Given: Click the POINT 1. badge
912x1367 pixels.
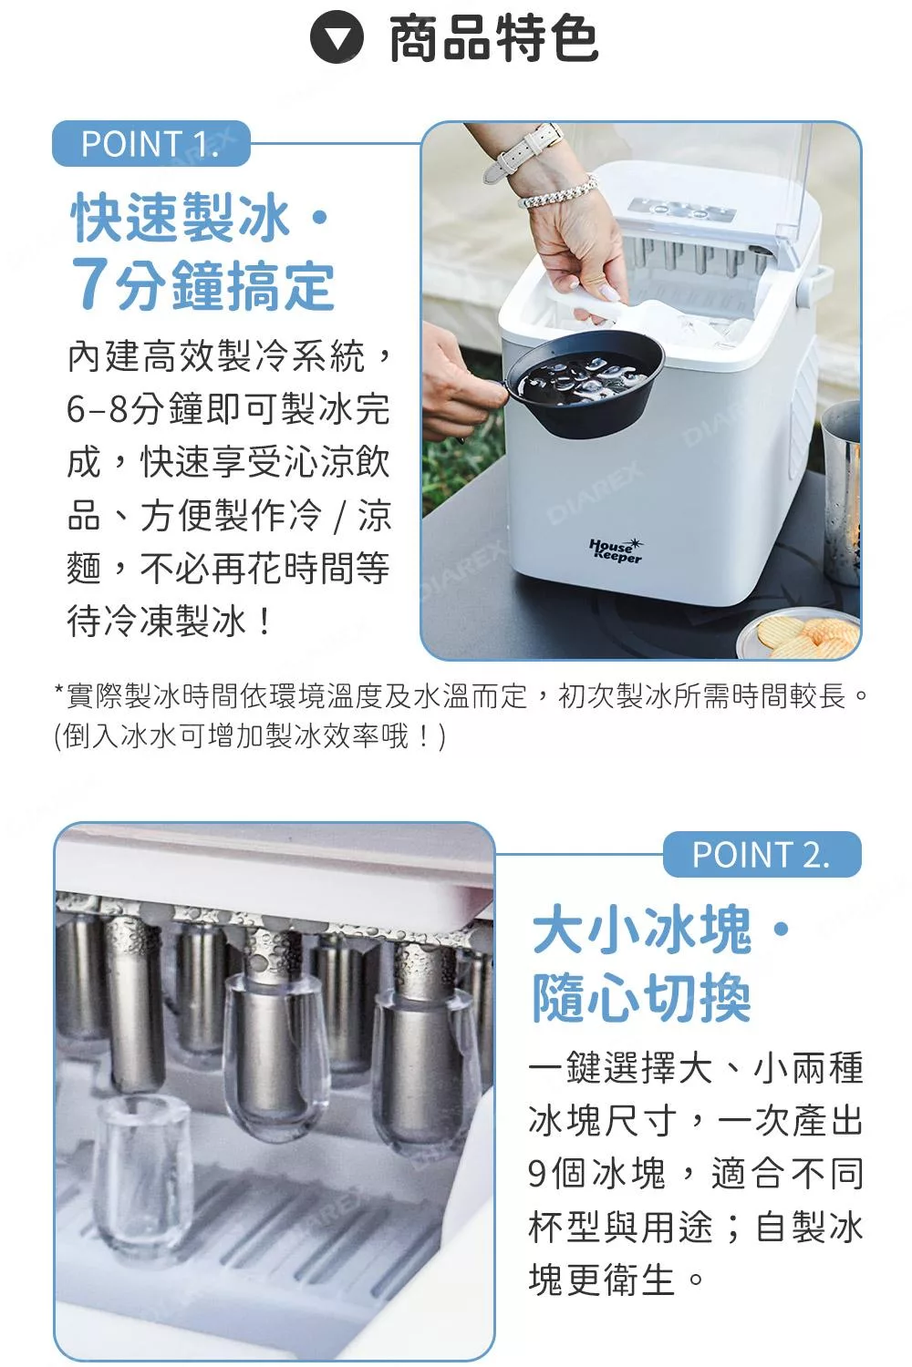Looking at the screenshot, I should coord(150,144).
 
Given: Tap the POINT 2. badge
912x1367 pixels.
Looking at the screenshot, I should coord(762,855).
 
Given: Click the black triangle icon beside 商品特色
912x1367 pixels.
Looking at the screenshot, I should coord(337,39).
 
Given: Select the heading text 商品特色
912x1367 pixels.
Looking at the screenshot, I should coord(493,39).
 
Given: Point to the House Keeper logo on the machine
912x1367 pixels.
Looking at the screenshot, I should coord(616,550).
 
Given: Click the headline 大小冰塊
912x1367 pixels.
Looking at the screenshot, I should coord(642,930).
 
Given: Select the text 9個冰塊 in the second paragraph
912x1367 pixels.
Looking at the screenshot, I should coord(597,1174).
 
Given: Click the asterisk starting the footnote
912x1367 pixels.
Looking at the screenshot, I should coord(59,694).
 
